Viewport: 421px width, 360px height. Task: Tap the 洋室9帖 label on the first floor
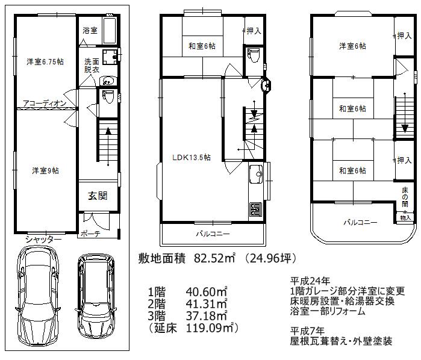tap(45, 171)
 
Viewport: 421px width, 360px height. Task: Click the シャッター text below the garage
tap(43, 240)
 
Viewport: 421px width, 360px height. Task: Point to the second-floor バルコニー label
tap(213, 233)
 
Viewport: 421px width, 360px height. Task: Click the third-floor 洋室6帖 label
tap(352, 46)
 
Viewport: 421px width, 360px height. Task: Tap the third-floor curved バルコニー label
tap(360, 223)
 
